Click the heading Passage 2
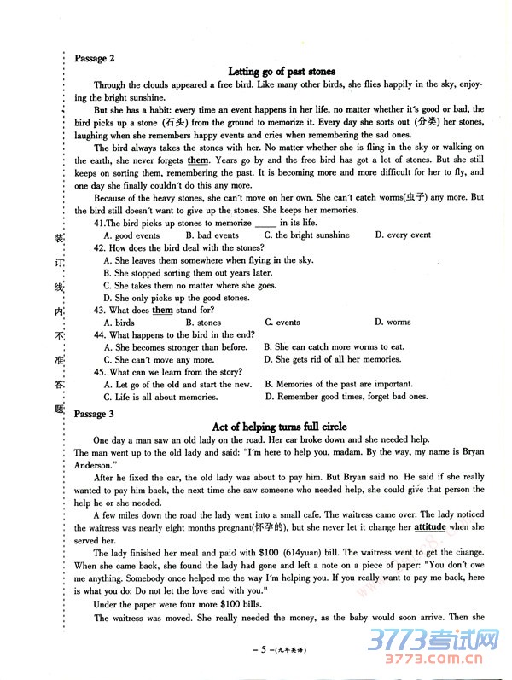(x=95, y=58)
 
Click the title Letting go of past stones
(x=282, y=72)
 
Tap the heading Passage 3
(x=95, y=414)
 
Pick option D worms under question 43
(x=393, y=323)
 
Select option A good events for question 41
(x=131, y=235)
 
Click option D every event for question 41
(x=403, y=235)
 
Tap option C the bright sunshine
(x=306, y=235)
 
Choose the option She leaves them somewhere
(x=207, y=260)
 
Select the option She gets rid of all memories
(x=339, y=360)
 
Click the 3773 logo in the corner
(x=452, y=647)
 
